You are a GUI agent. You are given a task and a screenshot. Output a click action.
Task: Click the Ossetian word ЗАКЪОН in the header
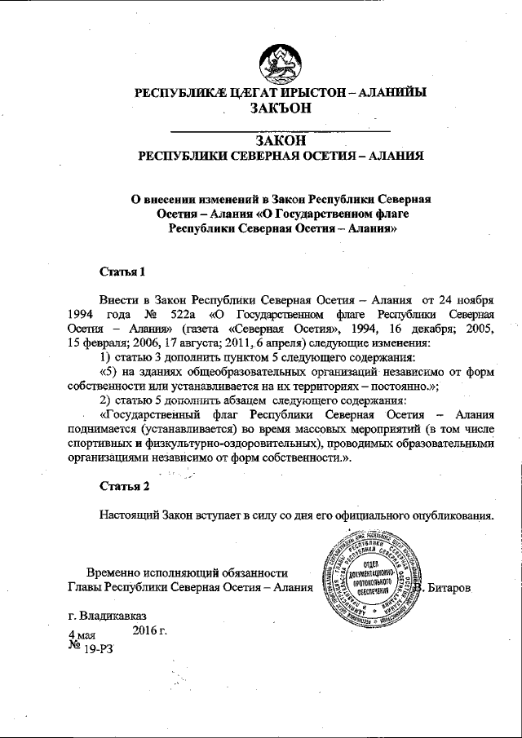click(x=279, y=109)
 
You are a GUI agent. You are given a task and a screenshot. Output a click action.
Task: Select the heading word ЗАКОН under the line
click(x=280, y=139)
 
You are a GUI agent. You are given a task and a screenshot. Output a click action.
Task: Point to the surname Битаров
click(x=449, y=588)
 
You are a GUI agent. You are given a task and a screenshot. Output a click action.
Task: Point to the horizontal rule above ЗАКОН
click(x=279, y=130)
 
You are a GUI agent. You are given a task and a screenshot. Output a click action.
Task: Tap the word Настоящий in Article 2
click(x=128, y=516)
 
